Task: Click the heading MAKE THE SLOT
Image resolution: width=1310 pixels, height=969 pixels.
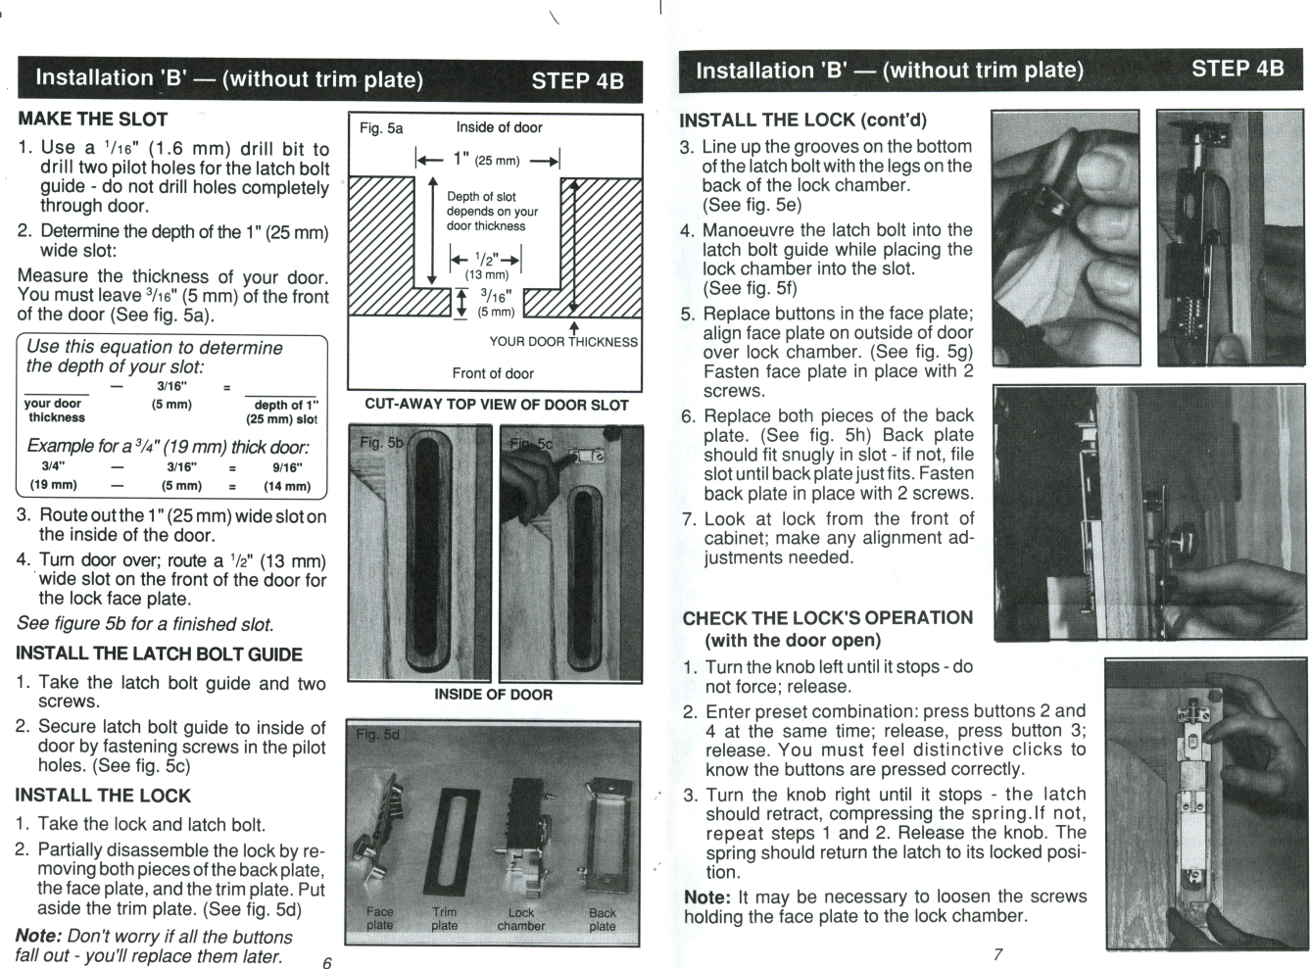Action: (93, 120)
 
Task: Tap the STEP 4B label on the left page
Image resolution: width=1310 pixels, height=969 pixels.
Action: (577, 81)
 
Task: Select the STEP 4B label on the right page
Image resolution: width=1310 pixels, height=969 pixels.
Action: (1237, 69)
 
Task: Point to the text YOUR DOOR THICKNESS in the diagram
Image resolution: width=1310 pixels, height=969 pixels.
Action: (563, 342)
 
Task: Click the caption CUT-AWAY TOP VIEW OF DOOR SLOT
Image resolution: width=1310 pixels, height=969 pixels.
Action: (497, 405)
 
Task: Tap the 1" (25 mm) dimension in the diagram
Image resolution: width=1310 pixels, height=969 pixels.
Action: (487, 160)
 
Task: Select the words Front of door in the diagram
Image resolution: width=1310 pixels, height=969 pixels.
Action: (493, 373)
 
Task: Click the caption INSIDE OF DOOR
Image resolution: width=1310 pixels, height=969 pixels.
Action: (493, 695)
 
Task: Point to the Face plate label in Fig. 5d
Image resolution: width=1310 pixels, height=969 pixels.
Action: (379, 918)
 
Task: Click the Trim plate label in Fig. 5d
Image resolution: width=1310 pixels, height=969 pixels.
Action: (444, 918)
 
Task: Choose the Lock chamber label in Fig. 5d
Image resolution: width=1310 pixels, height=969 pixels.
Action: (520, 918)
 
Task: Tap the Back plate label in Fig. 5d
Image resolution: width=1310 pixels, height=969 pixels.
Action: (603, 918)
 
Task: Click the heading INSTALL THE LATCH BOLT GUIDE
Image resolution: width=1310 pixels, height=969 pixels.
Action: (159, 654)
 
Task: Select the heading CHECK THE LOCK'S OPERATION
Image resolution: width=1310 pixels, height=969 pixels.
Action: (827, 618)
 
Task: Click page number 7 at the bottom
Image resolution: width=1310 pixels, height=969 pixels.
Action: (997, 954)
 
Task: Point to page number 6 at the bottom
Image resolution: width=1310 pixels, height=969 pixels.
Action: (327, 962)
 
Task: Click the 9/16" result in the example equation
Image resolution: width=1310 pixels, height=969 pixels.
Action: (286, 467)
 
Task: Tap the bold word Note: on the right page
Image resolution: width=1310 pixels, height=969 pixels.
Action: (706, 897)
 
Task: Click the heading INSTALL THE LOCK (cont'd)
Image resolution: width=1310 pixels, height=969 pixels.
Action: (802, 121)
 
